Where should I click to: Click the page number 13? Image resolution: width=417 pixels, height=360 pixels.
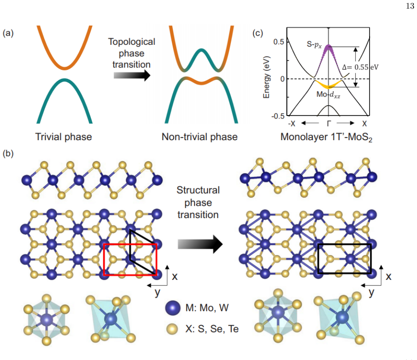[x=410, y=6]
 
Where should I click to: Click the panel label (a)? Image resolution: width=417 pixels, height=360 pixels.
[x=8, y=33]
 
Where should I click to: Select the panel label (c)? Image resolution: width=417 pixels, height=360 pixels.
[x=258, y=33]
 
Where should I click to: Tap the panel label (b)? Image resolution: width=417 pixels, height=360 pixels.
[x=8, y=153]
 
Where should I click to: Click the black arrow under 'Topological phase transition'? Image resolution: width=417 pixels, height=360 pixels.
[x=132, y=75]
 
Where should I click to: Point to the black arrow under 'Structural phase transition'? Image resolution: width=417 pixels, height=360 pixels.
[x=200, y=244]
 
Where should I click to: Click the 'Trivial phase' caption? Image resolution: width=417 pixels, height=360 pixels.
[x=64, y=137]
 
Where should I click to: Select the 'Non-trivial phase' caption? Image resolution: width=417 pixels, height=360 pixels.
[x=199, y=137]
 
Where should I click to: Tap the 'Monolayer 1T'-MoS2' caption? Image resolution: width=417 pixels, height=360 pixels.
[x=326, y=137]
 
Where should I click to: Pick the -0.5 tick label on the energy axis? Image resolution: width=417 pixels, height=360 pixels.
[x=278, y=116]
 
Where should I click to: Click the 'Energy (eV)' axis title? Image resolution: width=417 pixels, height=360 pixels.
[x=267, y=77]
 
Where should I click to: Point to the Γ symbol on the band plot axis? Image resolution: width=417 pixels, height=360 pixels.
[x=329, y=123]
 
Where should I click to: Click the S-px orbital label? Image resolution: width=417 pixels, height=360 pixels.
[x=314, y=44]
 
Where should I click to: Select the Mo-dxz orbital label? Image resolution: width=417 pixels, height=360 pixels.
[x=328, y=95]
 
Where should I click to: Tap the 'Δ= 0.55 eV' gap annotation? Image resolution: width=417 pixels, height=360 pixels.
[x=360, y=67]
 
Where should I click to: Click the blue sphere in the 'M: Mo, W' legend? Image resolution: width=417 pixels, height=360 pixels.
[x=173, y=308]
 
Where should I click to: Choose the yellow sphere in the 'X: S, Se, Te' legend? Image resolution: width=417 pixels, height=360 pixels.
[x=172, y=329]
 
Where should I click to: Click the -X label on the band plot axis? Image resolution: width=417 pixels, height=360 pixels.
[x=292, y=124]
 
